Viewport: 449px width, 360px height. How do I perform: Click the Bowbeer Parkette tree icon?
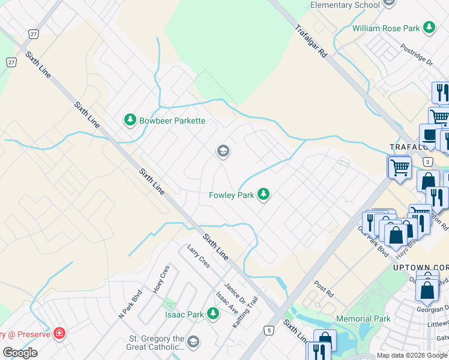[130, 121]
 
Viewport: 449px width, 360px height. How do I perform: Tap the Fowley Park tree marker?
[263, 194]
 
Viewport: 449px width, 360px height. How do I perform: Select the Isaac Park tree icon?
[212, 314]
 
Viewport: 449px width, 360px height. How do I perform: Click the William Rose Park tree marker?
[429, 28]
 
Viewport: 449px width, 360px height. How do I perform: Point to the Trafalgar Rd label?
[311, 41]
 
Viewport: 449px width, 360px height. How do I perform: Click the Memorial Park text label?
[364, 319]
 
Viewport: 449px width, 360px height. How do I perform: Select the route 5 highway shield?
[269, 330]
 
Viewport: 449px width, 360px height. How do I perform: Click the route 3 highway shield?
[427, 161]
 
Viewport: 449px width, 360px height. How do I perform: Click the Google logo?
[20, 353]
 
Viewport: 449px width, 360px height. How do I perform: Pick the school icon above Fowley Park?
[223, 151]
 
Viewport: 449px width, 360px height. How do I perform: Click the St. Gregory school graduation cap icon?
[193, 342]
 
